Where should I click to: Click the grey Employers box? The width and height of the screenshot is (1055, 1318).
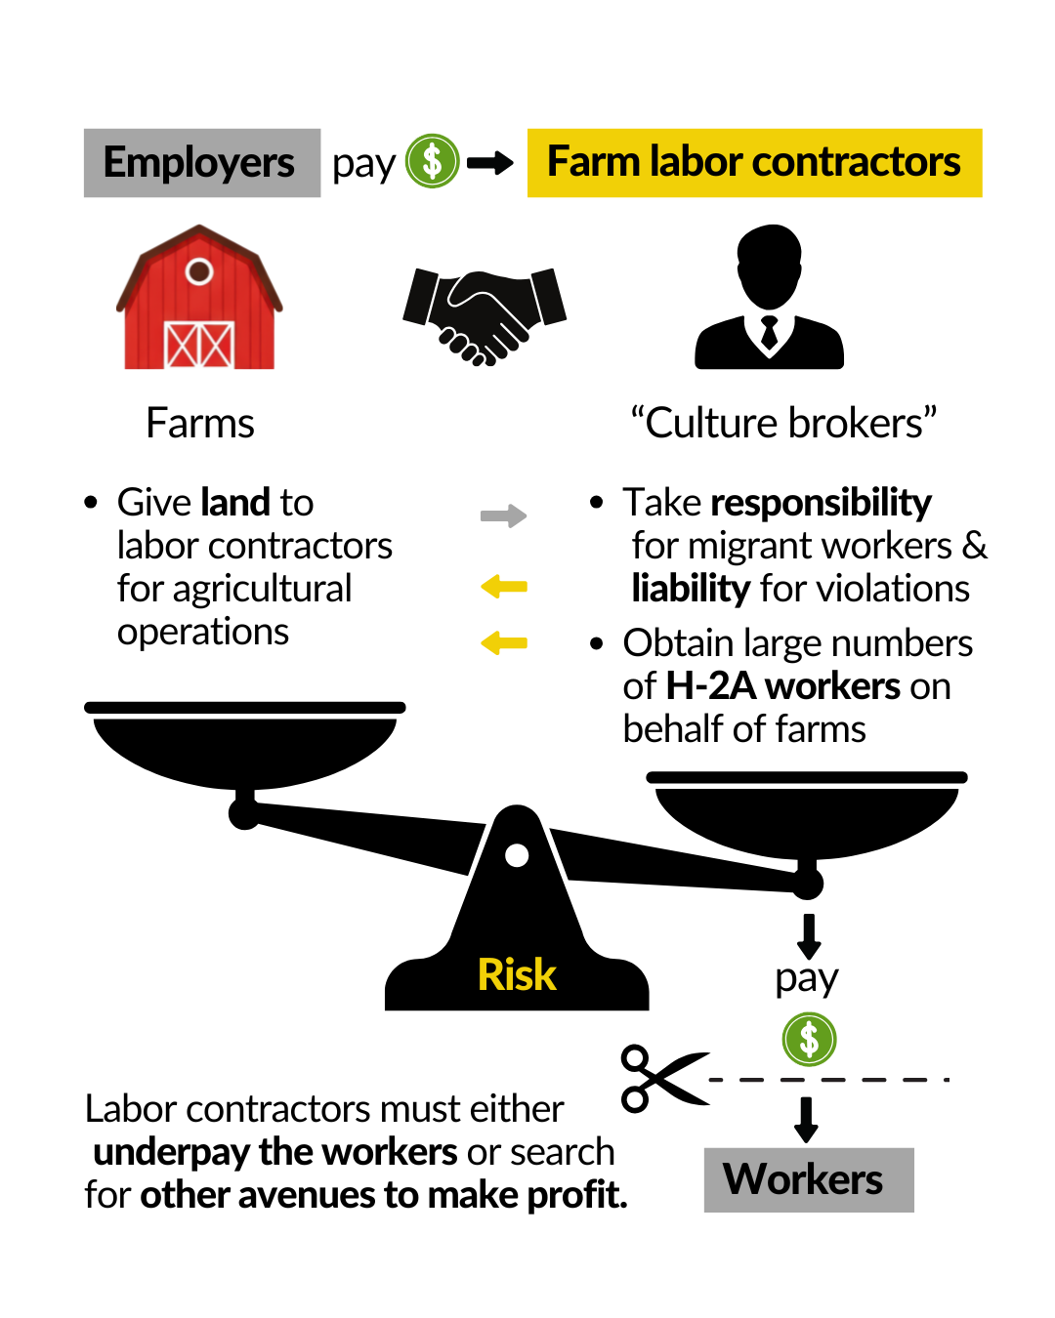tap(201, 163)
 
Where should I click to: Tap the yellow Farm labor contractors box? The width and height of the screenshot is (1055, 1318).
tap(754, 163)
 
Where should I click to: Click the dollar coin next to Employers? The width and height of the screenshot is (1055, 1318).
tap(432, 161)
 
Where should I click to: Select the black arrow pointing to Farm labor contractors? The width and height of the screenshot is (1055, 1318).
tap(489, 163)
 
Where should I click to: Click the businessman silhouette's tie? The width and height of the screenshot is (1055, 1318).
tap(769, 332)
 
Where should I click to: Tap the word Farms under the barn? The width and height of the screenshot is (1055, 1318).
tap(200, 424)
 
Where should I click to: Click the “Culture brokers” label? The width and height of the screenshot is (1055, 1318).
tap(783, 424)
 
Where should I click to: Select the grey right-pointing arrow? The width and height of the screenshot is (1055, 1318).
tap(503, 515)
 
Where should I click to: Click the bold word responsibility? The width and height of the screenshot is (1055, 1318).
tap(821, 503)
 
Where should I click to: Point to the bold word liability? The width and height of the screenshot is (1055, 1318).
tap(690, 589)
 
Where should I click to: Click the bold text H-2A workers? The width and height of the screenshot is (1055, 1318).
tap(782, 686)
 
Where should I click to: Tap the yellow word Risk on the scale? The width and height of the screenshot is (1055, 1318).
tap(517, 974)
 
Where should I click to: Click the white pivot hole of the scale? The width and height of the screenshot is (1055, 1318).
tap(517, 856)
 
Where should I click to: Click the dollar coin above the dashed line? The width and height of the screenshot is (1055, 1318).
tap(809, 1039)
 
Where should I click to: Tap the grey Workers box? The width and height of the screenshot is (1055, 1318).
tap(808, 1179)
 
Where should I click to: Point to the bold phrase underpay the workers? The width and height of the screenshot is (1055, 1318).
tap(275, 1152)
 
